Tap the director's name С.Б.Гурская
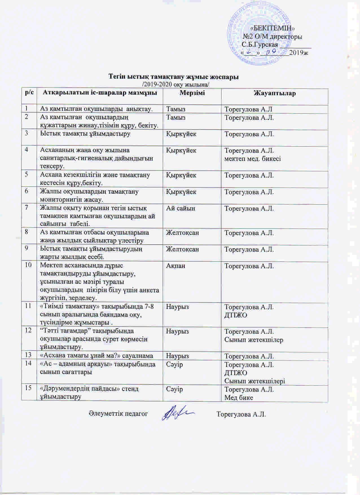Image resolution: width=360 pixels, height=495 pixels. pos(260,45)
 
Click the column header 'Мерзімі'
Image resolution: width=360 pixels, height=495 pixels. pos(192,93)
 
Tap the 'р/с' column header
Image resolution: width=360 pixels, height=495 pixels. pos(29,93)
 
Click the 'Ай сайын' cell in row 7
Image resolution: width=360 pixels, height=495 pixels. pos(181,208)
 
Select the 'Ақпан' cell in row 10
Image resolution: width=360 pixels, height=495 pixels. pos(176,266)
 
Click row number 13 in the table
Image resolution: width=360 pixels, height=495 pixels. pos(28,355)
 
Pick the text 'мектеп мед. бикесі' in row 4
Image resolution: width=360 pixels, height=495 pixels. pos(253,158)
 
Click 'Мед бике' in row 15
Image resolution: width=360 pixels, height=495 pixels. pos(239,397)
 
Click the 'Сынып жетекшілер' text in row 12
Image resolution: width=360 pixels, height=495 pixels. pos(254,340)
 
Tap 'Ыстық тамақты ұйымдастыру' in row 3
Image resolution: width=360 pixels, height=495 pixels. pos(85,134)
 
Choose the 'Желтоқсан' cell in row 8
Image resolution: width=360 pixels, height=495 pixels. pos(182,233)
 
